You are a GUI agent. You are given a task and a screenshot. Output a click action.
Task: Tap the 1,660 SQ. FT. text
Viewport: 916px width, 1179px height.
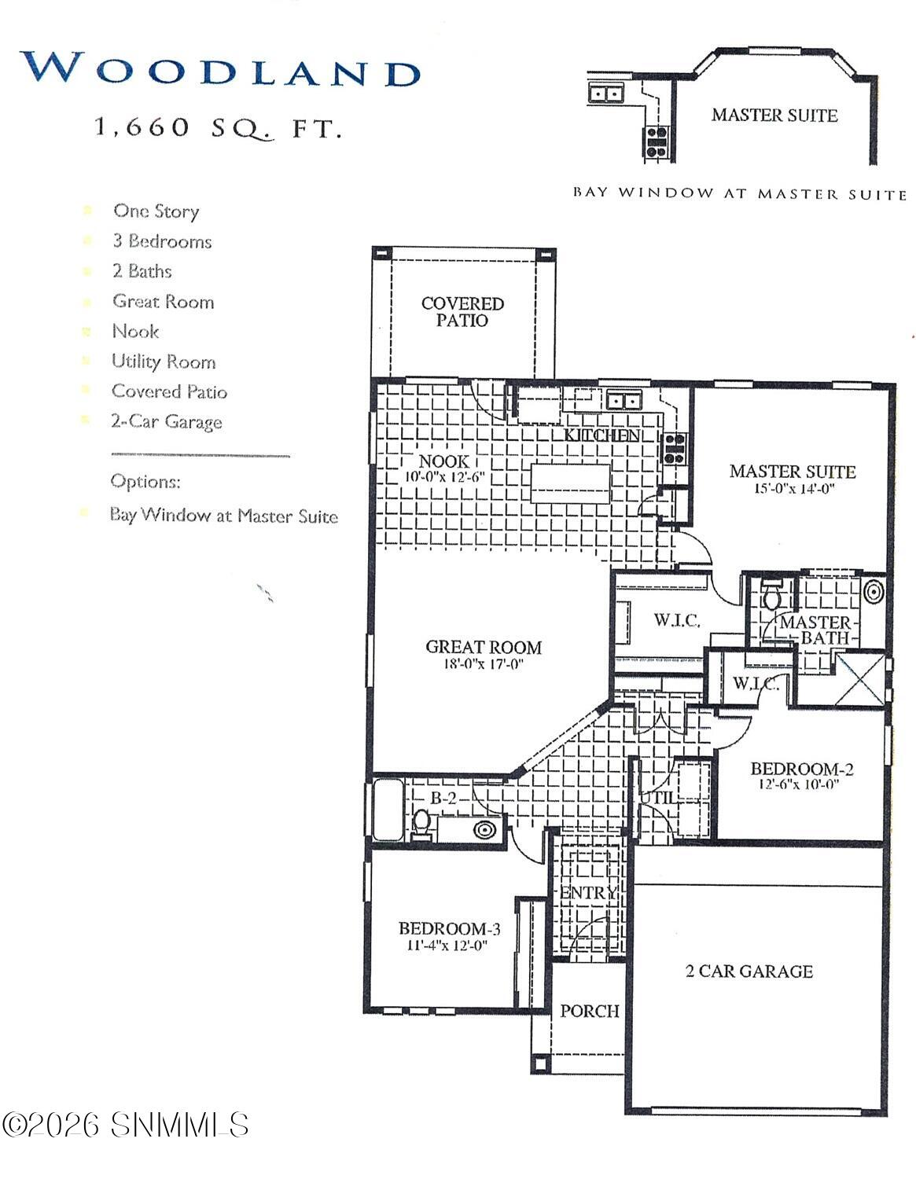[x=218, y=127]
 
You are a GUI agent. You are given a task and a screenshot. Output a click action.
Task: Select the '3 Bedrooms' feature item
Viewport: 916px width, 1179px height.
[x=162, y=241]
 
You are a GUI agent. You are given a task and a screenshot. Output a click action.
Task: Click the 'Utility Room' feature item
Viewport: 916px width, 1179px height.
[x=164, y=362]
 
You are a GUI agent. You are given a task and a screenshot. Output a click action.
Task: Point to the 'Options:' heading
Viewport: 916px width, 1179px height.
[x=145, y=481]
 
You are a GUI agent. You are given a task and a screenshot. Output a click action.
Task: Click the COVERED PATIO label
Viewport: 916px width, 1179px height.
[x=462, y=312]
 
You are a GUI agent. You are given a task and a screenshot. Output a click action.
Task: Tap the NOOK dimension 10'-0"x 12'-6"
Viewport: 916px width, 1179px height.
[x=444, y=477]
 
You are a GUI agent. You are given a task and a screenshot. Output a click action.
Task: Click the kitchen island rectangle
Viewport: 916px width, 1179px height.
[x=571, y=484]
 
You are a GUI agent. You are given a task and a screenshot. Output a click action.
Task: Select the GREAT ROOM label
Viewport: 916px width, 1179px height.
[x=484, y=647]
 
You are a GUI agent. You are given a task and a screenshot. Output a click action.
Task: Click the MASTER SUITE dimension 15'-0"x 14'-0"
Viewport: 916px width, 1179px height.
[x=793, y=488]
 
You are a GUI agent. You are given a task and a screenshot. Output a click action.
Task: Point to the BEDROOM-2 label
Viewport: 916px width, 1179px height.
[x=802, y=769]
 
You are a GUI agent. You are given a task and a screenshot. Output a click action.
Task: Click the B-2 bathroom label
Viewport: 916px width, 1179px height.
[x=443, y=798]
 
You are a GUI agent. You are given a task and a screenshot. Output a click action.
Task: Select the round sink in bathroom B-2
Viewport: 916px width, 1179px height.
[x=484, y=828]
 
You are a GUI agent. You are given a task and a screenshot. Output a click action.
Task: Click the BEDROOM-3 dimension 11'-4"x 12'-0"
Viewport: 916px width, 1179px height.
[x=447, y=946]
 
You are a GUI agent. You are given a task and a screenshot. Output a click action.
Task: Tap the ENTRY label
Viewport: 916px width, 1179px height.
[x=589, y=893]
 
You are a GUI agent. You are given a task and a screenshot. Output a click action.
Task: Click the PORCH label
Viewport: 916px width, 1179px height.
[x=589, y=1011]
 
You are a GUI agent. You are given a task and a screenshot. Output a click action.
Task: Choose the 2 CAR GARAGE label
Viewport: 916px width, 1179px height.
[x=749, y=971]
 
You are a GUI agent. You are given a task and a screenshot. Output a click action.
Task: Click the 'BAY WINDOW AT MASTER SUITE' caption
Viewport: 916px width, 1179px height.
[x=739, y=193]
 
